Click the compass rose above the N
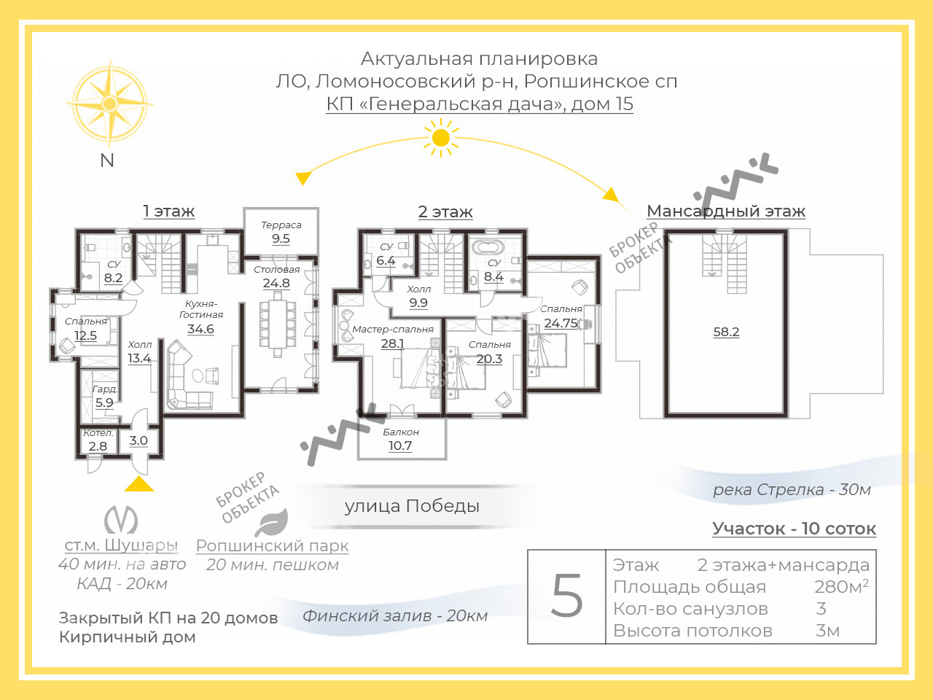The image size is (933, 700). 109,104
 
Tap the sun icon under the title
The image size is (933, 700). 441,138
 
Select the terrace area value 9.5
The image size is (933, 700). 281,238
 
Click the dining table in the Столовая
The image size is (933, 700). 278,324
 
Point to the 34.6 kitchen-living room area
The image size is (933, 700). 200,329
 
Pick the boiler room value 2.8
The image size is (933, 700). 98,446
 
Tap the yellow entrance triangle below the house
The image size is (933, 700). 139,483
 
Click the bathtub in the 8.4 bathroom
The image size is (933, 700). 488,247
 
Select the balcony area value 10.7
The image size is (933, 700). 400,446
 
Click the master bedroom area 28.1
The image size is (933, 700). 392,343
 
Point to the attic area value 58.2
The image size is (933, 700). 726,332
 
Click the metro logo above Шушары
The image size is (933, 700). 121,519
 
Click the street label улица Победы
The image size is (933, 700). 412,506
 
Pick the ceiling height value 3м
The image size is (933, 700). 827,631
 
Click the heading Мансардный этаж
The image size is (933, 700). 726,211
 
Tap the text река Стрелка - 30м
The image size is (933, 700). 792,489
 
